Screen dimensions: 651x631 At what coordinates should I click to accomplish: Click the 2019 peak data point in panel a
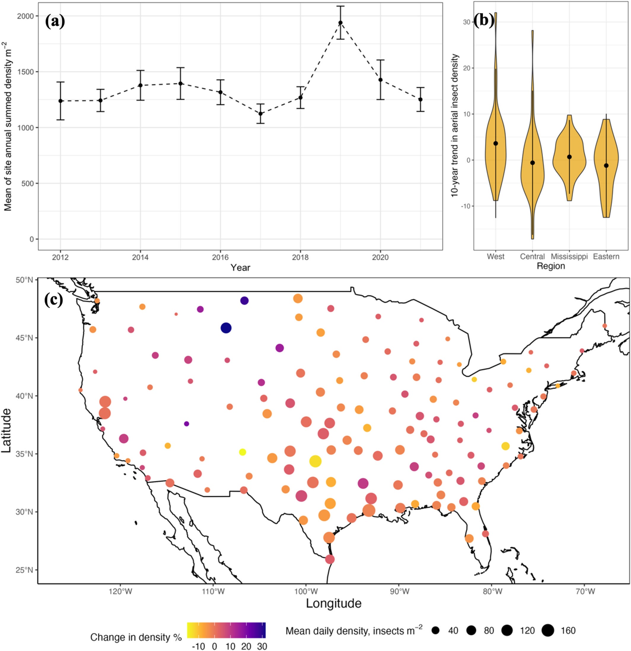(340, 23)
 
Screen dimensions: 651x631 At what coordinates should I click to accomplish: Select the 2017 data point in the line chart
(261, 114)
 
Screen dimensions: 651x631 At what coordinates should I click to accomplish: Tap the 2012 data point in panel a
(60, 100)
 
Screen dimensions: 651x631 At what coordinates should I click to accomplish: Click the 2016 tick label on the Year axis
(220, 257)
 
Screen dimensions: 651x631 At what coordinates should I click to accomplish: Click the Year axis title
(240, 267)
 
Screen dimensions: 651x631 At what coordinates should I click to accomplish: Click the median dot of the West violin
(495, 143)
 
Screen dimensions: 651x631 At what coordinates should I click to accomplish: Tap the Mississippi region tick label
(569, 256)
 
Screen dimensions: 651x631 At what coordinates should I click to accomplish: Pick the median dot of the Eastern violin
(606, 165)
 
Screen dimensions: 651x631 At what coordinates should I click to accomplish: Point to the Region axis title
(551, 266)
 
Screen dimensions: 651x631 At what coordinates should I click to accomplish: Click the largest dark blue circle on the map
(226, 328)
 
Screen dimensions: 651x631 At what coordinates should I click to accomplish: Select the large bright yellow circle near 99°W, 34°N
(315, 461)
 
